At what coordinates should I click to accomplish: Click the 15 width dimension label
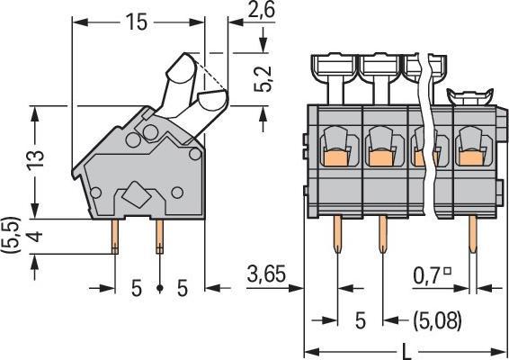137,22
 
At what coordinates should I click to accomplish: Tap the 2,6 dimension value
261,9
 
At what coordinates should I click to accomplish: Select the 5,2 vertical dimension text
263,78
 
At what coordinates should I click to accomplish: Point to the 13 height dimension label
35,161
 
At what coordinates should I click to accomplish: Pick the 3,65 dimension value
266,274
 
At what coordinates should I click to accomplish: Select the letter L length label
406,352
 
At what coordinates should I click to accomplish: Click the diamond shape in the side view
136,194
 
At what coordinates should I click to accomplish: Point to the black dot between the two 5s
159,288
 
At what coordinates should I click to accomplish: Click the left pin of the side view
115,236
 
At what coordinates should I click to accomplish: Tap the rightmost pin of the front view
473,234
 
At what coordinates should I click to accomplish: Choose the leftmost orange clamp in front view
336,157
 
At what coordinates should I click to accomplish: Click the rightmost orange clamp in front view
472,157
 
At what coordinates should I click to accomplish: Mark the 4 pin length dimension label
35,236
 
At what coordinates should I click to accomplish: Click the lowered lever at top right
470,96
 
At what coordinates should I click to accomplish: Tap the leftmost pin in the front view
337,234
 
